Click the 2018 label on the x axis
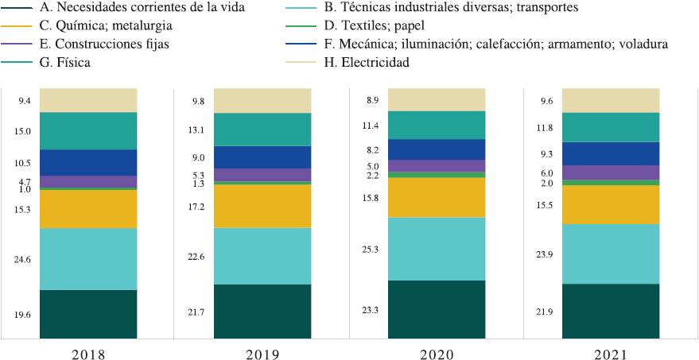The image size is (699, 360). tap(88, 353)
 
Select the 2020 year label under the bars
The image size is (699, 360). tap(437, 353)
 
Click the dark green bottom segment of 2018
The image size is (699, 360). tap(88, 314)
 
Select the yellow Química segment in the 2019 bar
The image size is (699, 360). tap(262, 206)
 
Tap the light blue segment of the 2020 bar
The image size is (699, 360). tap(437, 249)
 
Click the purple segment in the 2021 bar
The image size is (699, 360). tap(611, 172)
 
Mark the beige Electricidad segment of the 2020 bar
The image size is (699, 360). tap(437, 99)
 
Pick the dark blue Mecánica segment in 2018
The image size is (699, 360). tap(88, 162)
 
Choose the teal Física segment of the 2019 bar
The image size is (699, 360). tap(262, 130)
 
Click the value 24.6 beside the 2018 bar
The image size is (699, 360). tap(22, 260)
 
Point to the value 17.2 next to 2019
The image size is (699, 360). tap(196, 207)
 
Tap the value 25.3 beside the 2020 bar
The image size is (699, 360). tap(370, 250)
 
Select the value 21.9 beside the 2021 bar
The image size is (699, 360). tap(544, 312)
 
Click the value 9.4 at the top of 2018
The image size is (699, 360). tap(24, 101)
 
